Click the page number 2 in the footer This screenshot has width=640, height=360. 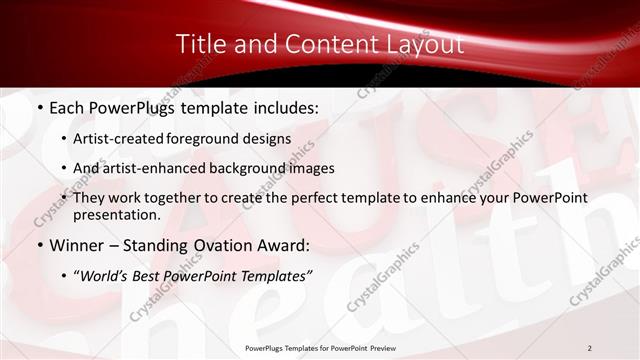589,347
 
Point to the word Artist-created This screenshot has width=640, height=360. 120,139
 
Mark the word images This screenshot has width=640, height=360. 312,168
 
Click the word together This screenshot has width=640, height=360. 188,198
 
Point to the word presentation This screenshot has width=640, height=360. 116,215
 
